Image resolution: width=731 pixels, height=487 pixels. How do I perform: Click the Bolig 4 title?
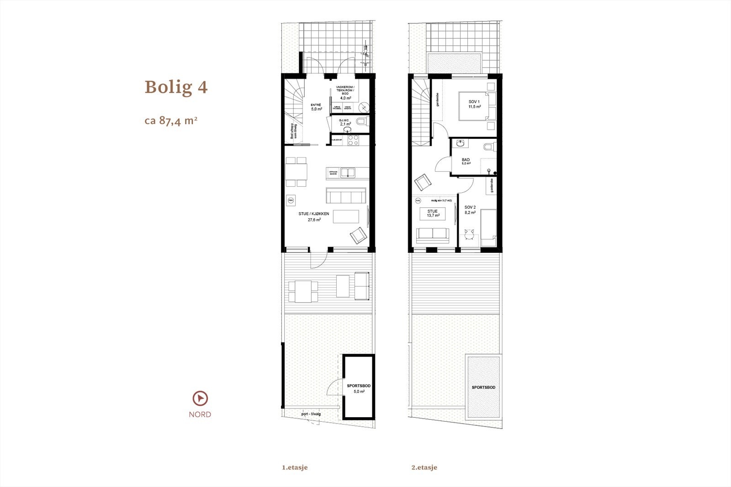[176, 87]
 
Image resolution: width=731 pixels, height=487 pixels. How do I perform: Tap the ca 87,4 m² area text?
[171, 120]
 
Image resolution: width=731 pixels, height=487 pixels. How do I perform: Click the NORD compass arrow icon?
[200, 398]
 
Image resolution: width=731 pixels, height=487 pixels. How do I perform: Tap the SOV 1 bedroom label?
[474, 104]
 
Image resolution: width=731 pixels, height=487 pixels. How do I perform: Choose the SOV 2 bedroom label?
[470, 210]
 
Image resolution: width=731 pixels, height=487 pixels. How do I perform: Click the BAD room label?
[466, 161]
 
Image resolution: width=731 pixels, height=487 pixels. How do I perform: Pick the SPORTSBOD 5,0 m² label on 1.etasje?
[359, 388]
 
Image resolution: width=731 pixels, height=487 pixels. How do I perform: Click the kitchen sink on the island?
[350, 173]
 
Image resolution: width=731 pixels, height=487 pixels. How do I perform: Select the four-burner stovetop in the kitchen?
[353, 140]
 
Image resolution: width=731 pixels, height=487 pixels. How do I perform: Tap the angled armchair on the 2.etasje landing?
[423, 182]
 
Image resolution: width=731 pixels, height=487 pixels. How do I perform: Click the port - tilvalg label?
[311, 414]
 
